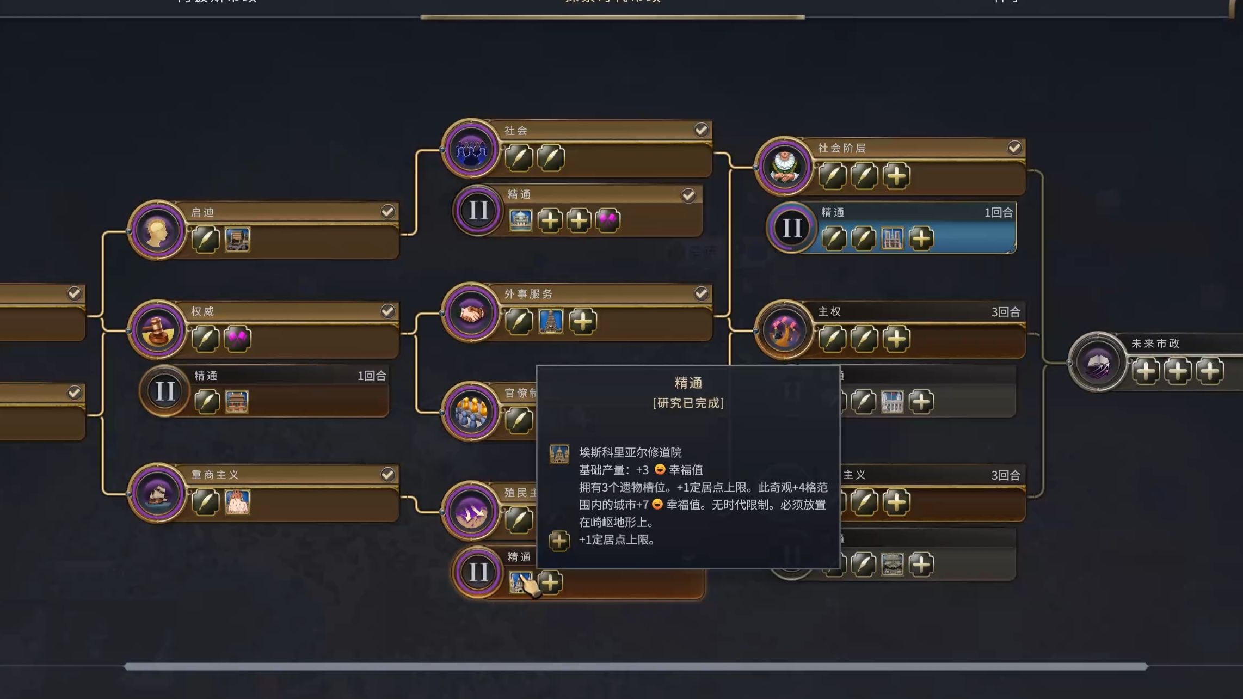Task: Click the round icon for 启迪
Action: pyautogui.click(x=157, y=231)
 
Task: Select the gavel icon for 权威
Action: pyautogui.click(x=157, y=330)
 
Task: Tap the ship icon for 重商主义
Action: pyautogui.click(x=157, y=493)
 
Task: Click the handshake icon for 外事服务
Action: pyautogui.click(x=471, y=312)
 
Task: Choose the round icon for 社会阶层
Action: pyautogui.click(x=784, y=167)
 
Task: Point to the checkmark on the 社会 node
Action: pyautogui.click(x=701, y=130)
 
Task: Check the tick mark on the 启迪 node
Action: pyautogui.click(x=387, y=212)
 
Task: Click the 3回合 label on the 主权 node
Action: pyautogui.click(x=1005, y=312)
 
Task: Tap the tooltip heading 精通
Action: pyautogui.click(x=688, y=383)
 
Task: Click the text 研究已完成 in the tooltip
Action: pyautogui.click(x=688, y=403)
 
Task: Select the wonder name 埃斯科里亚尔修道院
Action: pyautogui.click(x=630, y=452)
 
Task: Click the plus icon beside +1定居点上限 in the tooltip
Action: pyautogui.click(x=559, y=541)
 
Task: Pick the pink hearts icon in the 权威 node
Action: pyautogui.click(x=237, y=339)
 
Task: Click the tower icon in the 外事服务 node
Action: pyautogui.click(x=550, y=321)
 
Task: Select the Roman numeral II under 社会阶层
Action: pyautogui.click(x=791, y=228)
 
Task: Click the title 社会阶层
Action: pyautogui.click(x=841, y=148)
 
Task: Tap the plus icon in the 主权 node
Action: pyautogui.click(x=896, y=339)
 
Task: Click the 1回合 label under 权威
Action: pyautogui.click(x=372, y=376)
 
